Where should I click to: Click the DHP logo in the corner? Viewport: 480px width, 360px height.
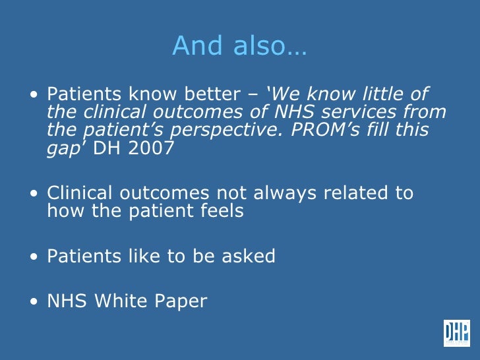click(456, 333)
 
